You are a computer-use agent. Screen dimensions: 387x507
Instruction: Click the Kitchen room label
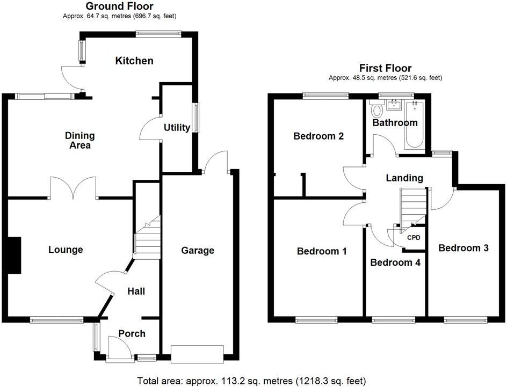coord(134,61)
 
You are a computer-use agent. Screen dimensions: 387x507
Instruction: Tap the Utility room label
coord(177,128)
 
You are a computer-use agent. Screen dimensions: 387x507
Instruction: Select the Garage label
coord(197,250)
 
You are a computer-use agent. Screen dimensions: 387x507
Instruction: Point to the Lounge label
coord(66,250)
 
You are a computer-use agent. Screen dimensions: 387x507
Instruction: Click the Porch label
coord(132,333)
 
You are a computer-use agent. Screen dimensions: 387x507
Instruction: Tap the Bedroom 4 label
coord(395,262)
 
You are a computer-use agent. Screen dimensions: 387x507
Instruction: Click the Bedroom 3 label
coord(463,248)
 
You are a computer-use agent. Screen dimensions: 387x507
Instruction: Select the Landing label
coord(404,178)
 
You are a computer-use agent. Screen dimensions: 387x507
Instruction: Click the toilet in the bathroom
coord(376,110)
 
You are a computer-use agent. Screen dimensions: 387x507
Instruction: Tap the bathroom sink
coord(395,104)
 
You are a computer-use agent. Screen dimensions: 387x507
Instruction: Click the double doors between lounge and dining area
coord(73,188)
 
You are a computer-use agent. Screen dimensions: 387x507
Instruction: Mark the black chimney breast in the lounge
coord(14,255)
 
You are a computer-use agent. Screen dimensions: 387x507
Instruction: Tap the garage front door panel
coord(197,353)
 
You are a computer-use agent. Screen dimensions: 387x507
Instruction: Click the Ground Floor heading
coord(119,6)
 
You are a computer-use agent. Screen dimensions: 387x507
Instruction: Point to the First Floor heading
coord(385,68)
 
